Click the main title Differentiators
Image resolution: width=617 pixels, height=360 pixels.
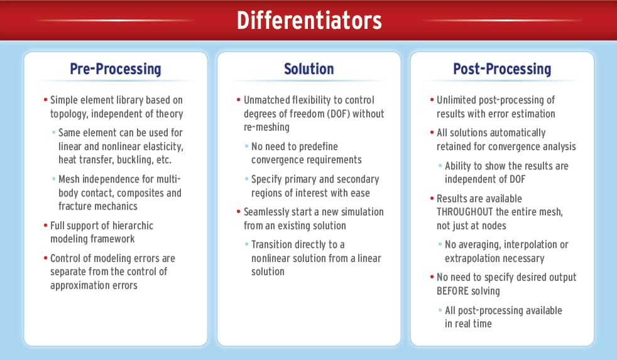(x=308, y=20)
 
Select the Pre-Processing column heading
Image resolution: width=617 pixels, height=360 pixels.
(x=116, y=69)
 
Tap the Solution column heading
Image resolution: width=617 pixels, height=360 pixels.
(x=308, y=69)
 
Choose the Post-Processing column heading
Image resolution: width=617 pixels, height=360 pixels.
(x=502, y=69)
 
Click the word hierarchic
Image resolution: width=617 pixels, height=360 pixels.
(x=130, y=225)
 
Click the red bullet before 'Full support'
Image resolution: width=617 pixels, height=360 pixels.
(x=45, y=226)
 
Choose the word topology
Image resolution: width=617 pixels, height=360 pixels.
(x=70, y=114)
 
